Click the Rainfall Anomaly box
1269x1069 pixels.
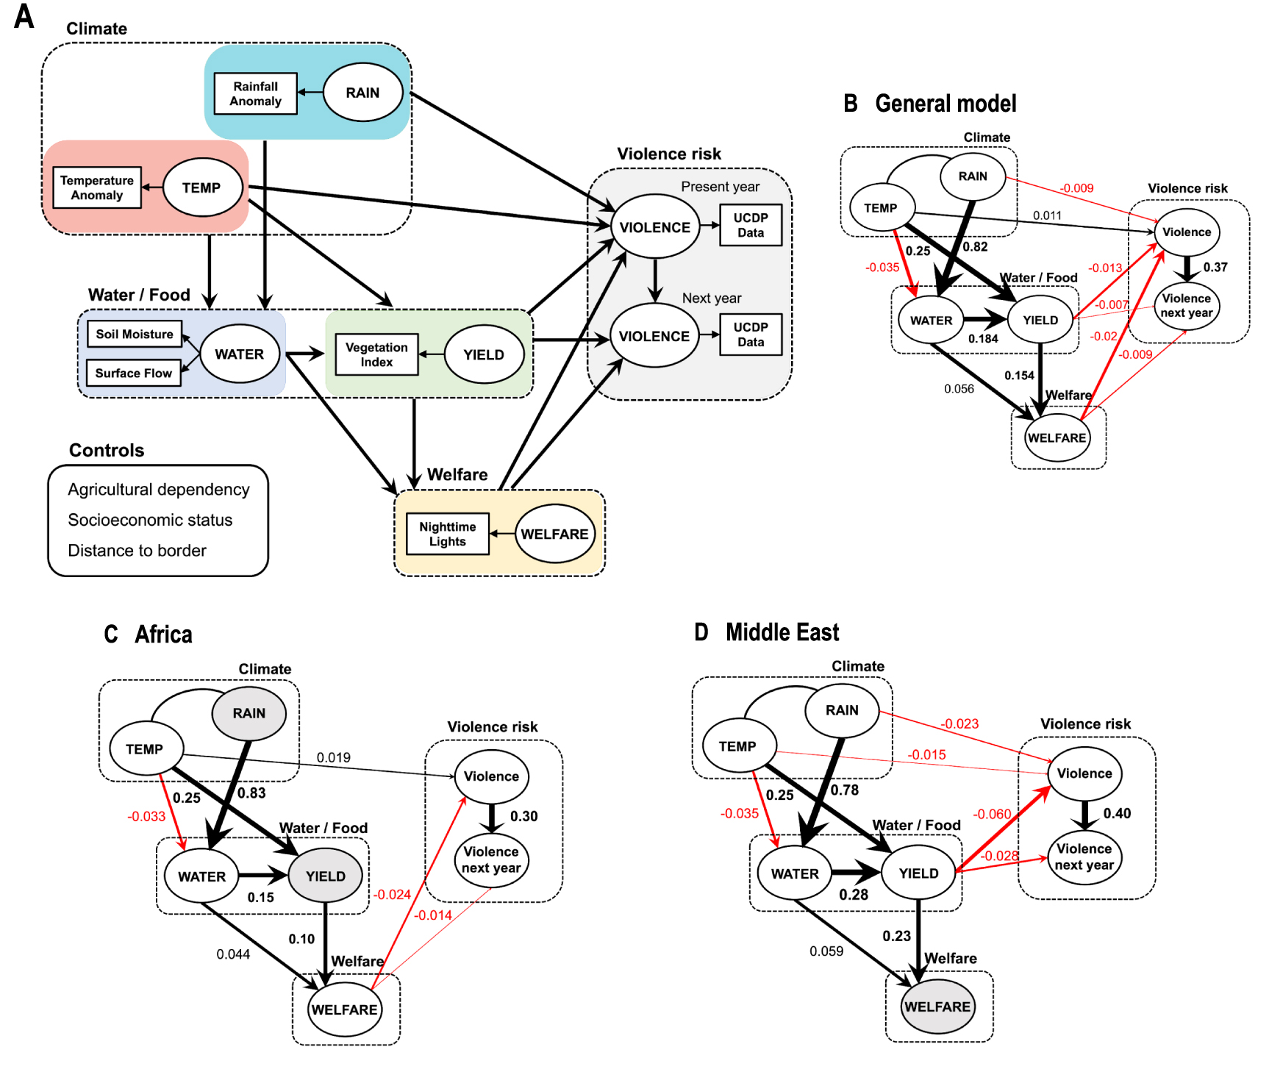[x=255, y=93]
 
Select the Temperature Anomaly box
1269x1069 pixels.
[x=97, y=187]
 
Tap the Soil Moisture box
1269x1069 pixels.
[x=135, y=334]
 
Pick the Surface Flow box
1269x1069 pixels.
[x=133, y=373]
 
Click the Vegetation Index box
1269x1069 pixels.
[x=376, y=354]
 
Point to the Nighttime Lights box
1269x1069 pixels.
[x=447, y=534]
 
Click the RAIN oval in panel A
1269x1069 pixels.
[x=362, y=93]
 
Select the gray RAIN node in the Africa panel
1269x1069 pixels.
[x=249, y=713]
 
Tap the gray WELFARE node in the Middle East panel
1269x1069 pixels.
[x=937, y=1007]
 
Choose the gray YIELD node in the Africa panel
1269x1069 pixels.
[x=325, y=876]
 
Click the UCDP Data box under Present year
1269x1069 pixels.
[x=750, y=225]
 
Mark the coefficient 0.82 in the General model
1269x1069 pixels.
[x=975, y=247]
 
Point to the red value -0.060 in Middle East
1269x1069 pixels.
[x=992, y=814]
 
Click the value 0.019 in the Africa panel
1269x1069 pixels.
[x=333, y=757]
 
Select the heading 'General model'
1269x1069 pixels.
[x=946, y=104]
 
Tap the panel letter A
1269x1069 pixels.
[x=24, y=16]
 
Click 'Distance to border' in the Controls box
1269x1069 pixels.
[x=137, y=551]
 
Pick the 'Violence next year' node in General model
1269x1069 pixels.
[x=1186, y=306]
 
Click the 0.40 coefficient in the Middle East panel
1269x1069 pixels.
[x=1117, y=813]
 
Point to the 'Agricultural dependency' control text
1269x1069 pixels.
[x=158, y=490]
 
